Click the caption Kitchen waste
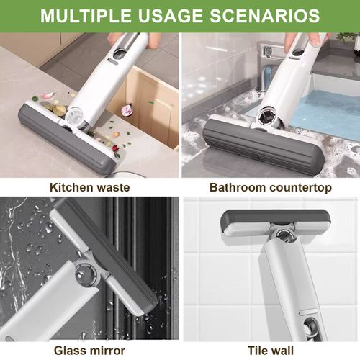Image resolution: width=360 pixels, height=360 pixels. click(x=90, y=187)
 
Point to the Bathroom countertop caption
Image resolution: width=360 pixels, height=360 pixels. click(x=270, y=187)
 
